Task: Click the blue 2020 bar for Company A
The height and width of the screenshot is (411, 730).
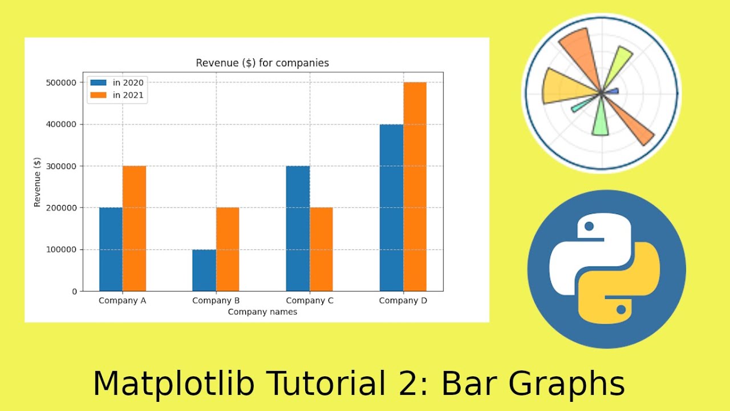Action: click(111, 249)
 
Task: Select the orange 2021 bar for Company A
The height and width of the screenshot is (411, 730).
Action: click(135, 228)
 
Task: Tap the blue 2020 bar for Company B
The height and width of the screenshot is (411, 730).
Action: click(204, 270)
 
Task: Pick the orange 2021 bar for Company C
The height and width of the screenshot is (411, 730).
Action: click(321, 249)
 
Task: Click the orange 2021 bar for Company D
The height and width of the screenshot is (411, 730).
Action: click(415, 187)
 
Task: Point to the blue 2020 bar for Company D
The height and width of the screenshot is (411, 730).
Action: click(391, 208)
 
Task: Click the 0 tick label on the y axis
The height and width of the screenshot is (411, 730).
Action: click(74, 292)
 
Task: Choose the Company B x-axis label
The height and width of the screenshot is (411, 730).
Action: click(216, 301)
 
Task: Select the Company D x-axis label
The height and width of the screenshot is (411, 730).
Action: click(403, 301)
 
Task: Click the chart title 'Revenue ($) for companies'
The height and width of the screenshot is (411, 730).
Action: click(262, 63)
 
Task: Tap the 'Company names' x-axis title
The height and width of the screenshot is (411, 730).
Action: click(262, 312)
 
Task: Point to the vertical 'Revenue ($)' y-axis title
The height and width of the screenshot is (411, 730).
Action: click(38, 182)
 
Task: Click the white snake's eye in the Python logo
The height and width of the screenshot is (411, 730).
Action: click(589, 227)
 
